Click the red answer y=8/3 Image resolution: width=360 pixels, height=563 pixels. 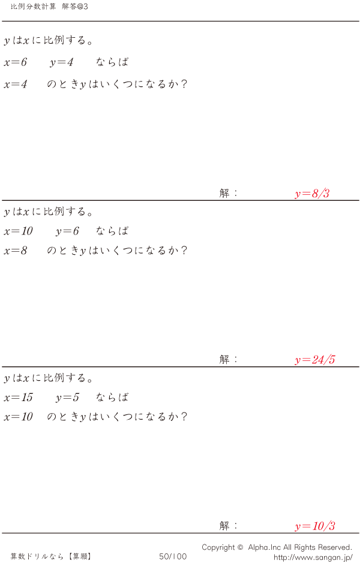click(312, 194)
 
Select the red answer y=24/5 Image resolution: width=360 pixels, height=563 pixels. click(315, 360)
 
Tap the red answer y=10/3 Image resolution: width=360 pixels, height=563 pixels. click(315, 526)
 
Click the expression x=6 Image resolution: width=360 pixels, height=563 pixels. click(16, 62)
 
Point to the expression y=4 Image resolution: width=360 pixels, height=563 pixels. click(61, 63)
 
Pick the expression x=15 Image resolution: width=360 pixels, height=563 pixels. click(19, 398)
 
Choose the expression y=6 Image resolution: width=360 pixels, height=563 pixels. click(67, 231)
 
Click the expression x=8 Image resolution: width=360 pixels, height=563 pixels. click(16, 251)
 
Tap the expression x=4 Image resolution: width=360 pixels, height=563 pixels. click(16, 85)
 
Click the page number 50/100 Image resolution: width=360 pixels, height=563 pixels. click(173, 556)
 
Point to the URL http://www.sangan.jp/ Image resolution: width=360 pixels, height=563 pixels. click(313, 557)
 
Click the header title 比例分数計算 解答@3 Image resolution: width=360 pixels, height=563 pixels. click(49, 7)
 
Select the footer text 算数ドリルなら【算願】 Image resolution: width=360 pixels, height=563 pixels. click(51, 556)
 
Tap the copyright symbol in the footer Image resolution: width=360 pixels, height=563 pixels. click(240, 547)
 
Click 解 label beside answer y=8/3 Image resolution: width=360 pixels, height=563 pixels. click(224, 193)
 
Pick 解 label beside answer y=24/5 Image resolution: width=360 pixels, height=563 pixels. click(224, 359)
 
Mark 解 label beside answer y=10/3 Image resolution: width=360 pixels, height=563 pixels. click(224, 526)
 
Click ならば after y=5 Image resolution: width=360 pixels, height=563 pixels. click(112, 397)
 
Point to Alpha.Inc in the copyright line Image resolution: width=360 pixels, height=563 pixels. click(265, 547)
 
